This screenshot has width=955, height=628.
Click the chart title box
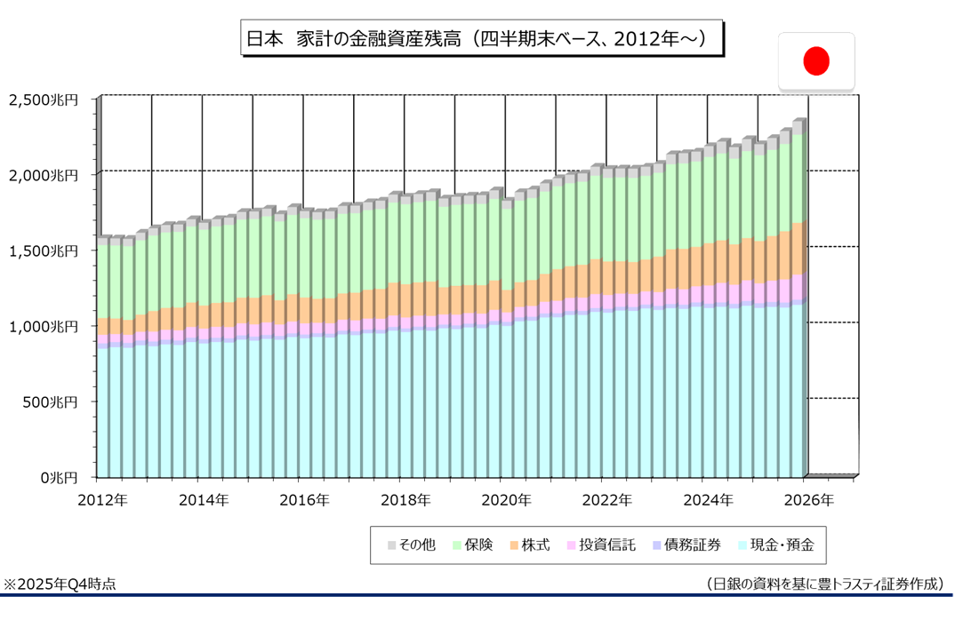click(x=481, y=39)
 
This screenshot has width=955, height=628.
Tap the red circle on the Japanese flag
click(x=816, y=60)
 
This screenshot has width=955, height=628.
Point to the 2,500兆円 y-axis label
click(x=44, y=100)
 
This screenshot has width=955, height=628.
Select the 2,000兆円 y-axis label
click(x=44, y=176)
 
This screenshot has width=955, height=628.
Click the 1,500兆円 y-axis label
click(x=44, y=251)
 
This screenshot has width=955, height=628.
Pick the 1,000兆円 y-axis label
click(x=44, y=327)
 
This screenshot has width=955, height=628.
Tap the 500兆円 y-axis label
click(x=51, y=402)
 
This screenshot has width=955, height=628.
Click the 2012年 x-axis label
click(x=102, y=500)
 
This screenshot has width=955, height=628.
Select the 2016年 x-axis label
click(x=304, y=500)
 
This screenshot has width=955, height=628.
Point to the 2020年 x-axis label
click(x=506, y=500)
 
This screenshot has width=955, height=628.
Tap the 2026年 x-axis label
click(x=809, y=500)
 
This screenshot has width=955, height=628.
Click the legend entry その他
click(x=411, y=545)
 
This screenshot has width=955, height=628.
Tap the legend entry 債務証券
click(x=686, y=545)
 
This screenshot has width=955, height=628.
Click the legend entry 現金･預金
click(x=774, y=545)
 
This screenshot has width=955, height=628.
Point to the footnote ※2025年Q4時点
click(x=60, y=584)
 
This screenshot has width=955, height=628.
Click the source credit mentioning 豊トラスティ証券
click(x=824, y=584)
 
